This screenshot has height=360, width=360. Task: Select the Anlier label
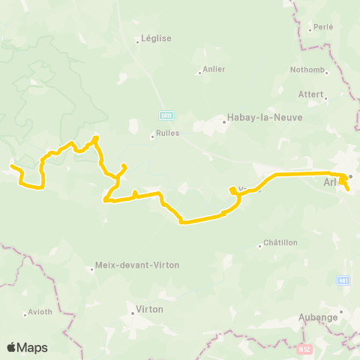(213, 72)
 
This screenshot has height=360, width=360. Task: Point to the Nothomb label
(308, 70)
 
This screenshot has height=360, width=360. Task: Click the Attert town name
(310, 95)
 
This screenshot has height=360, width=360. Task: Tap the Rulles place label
(166, 136)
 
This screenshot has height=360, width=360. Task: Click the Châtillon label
(281, 243)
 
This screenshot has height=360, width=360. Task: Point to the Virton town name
(149, 309)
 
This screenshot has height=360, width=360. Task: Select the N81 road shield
(343, 280)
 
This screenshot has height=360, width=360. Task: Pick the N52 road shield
(304, 349)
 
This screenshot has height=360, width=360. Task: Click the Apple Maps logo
(27, 347)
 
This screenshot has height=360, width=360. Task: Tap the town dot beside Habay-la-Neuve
(224, 118)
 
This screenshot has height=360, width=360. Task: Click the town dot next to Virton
(131, 309)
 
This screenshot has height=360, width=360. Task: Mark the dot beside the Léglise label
(138, 42)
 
